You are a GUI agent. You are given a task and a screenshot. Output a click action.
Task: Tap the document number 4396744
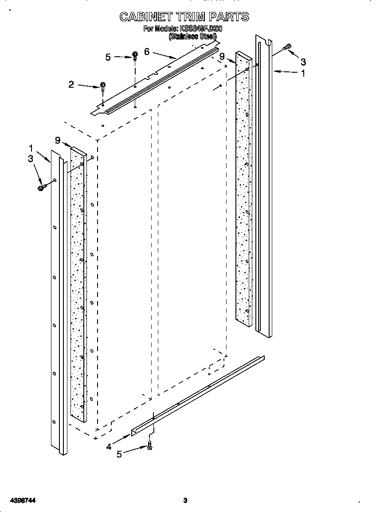tap(20, 500)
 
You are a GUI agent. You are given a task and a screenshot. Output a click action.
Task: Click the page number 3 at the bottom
tap(185, 500)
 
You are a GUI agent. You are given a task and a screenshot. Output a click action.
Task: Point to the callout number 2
tap(71, 84)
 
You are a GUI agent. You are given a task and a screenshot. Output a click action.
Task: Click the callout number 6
tap(147, 51)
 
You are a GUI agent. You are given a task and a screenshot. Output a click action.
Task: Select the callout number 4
tap(109, 447)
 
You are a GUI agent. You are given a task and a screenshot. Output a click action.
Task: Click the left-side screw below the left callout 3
tap(42, 188)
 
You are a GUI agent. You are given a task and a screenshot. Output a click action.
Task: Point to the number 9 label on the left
tap(57, 140)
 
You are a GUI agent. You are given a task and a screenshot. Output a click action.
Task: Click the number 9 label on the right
tap(222, 56)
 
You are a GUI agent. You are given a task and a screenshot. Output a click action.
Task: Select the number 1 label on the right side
tap(303, 74)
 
